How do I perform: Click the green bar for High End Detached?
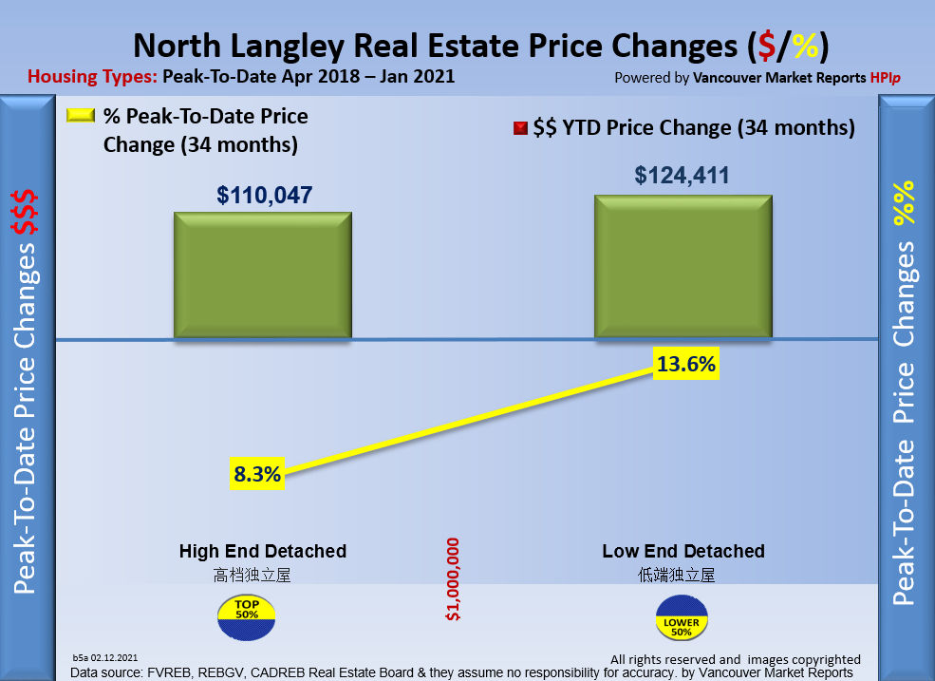pyautogui.click(x=262, y=274)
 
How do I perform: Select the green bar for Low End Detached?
pyautogui.click(x=683, y=266)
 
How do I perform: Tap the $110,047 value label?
pyautogui.click(x=264, y=196)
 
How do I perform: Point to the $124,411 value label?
pyautogui.click(x=683, y=176)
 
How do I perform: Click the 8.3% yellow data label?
pyautogui.click(x=257, y=473)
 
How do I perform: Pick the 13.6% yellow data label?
pyautogui.click(x=686, y=364)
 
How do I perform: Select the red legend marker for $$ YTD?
pyautogui.click(x=519, y=128)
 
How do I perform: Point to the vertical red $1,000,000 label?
pyautogui.click(x=453, y=579)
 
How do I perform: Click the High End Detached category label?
pyautogui.click(x=262, y=551)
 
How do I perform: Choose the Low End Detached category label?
pyautogui.click(x=683, y=551)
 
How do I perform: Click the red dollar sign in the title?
pyautogui.click(x=764, y=46)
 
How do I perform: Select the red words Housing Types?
pyautogui.click(x=92, y=77)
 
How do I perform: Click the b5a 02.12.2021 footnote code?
pyautogui.click(x=105, y=657)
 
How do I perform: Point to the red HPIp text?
pyautogui.click(x=885, y=78)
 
